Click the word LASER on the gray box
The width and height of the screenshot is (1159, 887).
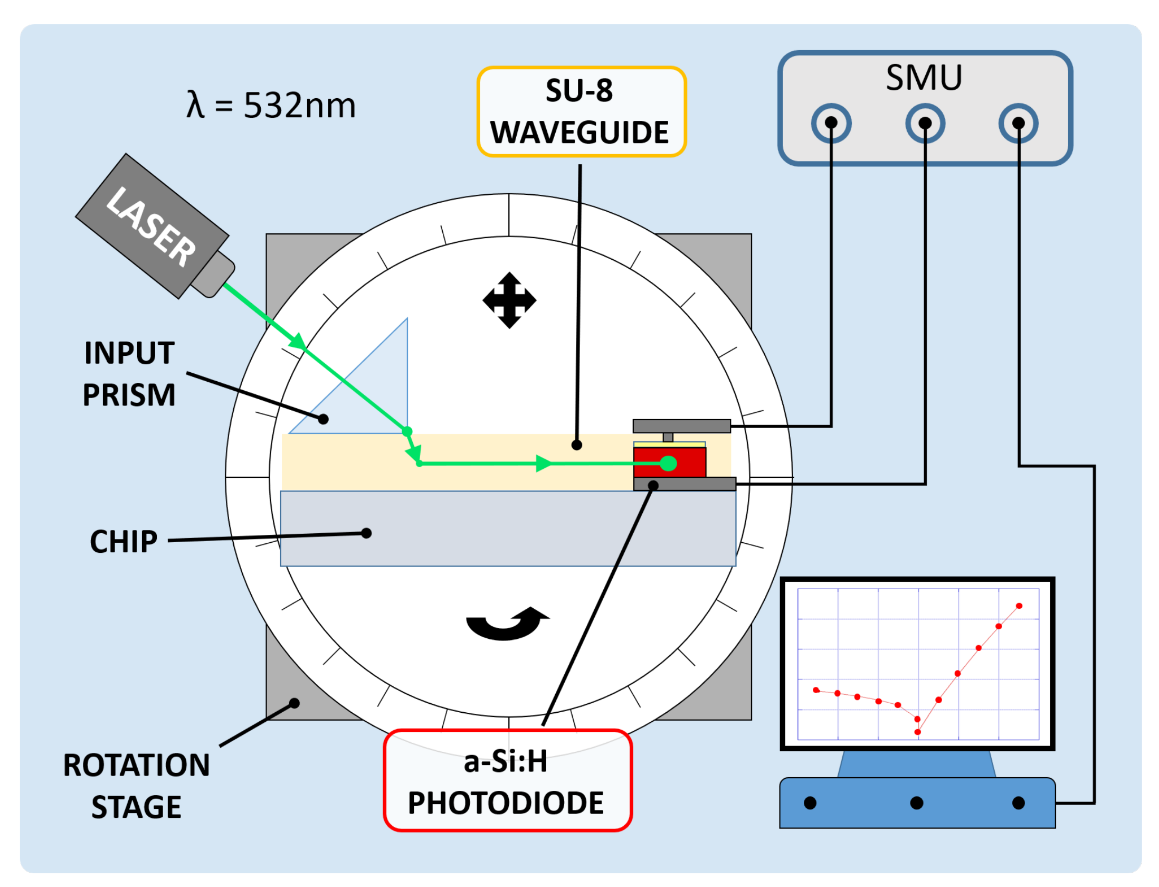(151, 227)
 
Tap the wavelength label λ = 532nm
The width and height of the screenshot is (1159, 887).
(271, 105)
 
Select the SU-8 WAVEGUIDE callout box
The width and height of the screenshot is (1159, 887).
(581, 111)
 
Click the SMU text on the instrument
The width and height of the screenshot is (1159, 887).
(924, 78)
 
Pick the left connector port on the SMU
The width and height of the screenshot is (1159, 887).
(831, 123)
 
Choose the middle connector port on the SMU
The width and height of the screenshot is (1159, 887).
(925, 123)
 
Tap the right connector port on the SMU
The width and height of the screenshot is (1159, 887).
(1019, 123)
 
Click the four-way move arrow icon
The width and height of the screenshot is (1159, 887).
(509, 300)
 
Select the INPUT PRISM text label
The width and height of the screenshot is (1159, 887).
(129, 374)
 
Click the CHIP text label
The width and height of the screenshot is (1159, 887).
(124, 542)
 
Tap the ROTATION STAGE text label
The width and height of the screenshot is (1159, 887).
(137, 786)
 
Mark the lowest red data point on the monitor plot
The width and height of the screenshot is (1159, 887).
(918, 732)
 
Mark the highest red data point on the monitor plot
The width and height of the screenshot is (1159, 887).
(1019, 606)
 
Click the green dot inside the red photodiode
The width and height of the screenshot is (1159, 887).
(669, 463)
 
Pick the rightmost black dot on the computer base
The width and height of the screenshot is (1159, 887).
(1019, 803)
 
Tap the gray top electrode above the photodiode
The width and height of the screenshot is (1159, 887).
(681, 426)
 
